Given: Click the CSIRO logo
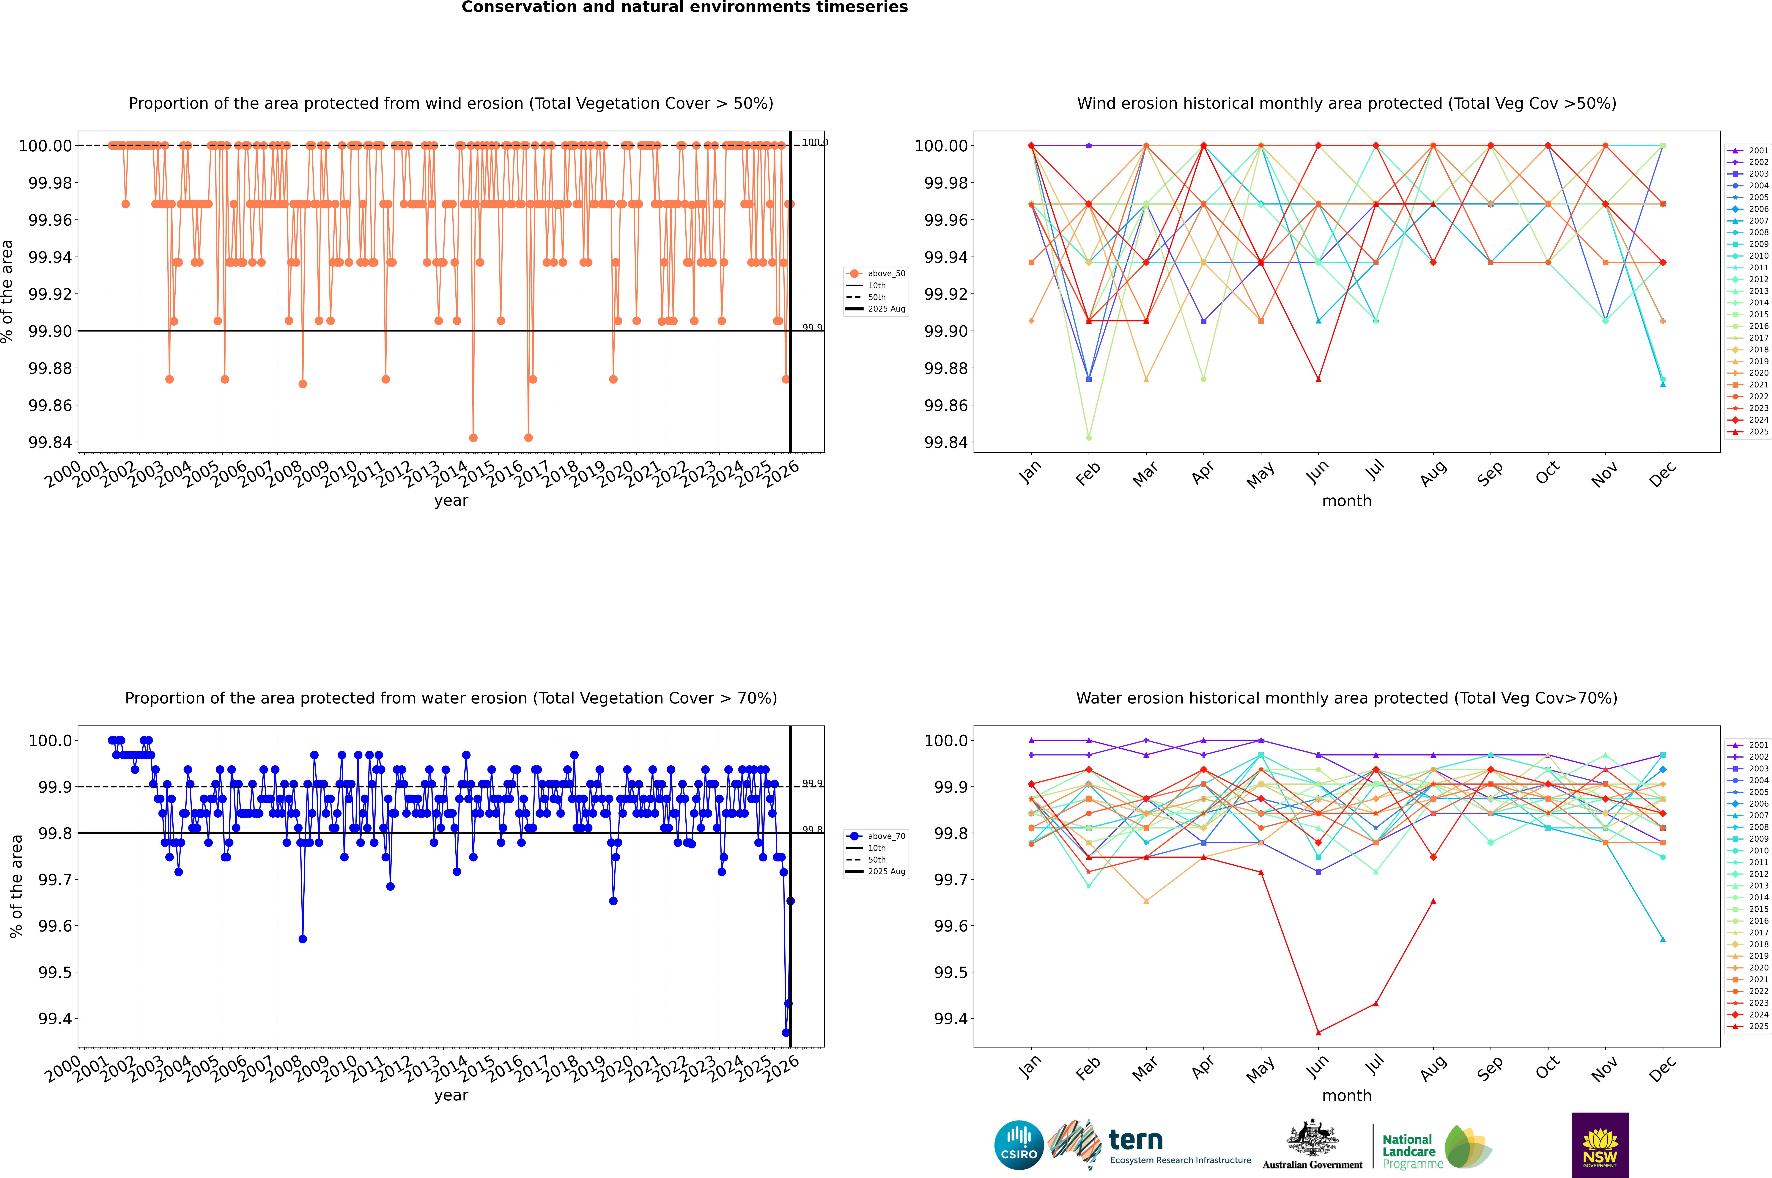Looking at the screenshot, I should coord(1019,1145).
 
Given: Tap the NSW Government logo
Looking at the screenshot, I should coord(1600,1145).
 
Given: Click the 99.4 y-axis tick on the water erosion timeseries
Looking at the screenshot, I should coord(55,1019).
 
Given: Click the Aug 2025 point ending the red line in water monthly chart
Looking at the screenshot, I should coord(1433,901).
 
